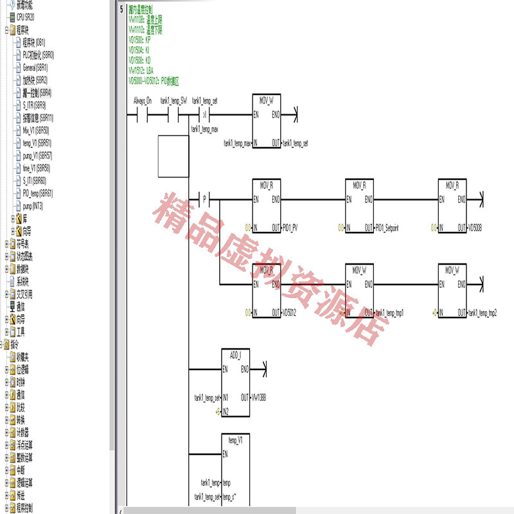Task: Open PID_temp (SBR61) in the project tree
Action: (x=37, y=193)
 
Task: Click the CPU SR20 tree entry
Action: (x=25, y=17)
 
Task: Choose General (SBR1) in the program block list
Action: (x=35, y=67)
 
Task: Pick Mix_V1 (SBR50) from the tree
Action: (x=35, y=130)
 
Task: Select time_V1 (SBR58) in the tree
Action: (x=36, y=168)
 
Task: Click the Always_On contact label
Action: (x=142, y=101)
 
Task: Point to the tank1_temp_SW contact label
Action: (x=173, y=101)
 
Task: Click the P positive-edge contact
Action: (x=205, y=199)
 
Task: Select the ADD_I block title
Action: (x=236, y=353)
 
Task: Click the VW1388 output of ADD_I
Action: (x=258, y=397)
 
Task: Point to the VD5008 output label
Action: (x=475, y=227)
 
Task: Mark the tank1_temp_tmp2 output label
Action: (x=483, y=312)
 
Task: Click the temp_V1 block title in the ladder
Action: (x=235, y=440)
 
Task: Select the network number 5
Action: (x=121, y=10)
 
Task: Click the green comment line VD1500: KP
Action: (x=139, y=40)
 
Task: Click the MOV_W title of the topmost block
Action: (x=267, y=101)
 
